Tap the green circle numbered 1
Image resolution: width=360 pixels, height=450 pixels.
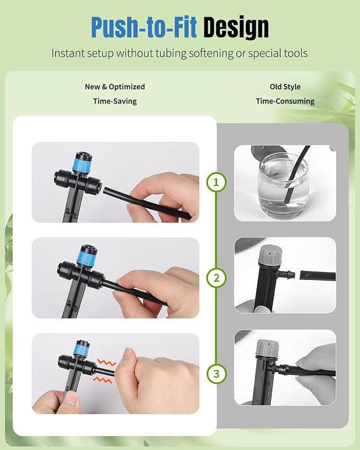[x=216, y=182]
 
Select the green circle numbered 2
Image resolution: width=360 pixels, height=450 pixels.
[x=216, y=278]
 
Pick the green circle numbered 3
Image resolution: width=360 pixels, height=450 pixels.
[x=216, y=374]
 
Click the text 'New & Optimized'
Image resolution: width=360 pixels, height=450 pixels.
[x=115, y=86]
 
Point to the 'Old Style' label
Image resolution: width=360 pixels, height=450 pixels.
[x=285, y=86]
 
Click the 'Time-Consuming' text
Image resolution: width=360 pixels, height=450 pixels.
[x=285, y=101]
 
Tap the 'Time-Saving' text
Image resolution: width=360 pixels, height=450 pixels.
[x=115, y=101]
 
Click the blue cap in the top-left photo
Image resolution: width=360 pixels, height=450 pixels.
[x=82, y=159]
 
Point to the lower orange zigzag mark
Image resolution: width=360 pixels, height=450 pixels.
[x=104, y=380]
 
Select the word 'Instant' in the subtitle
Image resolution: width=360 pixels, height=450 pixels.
[x=67, y=53]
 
